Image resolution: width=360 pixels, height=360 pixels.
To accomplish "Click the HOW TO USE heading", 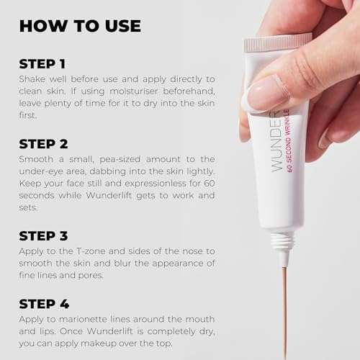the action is (80, 26).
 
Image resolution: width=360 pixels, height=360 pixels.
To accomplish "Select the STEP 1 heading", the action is (42, 64).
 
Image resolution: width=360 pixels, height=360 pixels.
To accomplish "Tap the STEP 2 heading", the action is (43, 144).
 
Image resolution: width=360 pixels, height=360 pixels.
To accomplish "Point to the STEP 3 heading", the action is (43, 236).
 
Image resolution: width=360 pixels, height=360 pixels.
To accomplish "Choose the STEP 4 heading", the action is (44, 304).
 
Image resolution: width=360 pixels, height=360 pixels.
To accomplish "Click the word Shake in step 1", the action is (32, 79).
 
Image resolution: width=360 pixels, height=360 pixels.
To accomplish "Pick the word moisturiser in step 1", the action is (131, 91).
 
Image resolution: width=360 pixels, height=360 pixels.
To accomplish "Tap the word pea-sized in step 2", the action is (120, 160).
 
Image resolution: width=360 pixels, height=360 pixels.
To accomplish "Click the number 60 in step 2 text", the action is (210, 184).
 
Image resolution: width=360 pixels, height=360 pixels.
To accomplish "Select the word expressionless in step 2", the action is (156, 184).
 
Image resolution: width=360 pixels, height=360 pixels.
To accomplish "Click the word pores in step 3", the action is (91, 276).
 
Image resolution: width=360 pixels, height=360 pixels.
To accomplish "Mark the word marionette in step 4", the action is (83, 319).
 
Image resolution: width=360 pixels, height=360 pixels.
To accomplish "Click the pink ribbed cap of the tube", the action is (278, 42).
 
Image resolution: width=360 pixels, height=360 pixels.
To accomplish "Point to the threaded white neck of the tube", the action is (282, 241).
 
